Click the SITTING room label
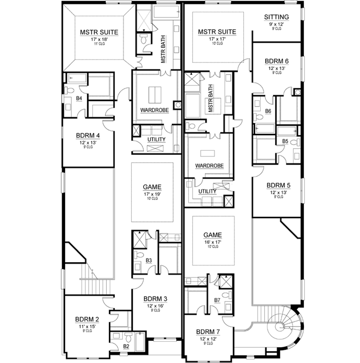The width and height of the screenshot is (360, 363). click(x=277, y=17)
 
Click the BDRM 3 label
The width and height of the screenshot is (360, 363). click(x=155, y=299)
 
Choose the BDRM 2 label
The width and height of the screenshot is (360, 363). click(x=87, y=319)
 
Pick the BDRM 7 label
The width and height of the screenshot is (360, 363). click(x=208, y=332)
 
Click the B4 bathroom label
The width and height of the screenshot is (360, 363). click(x=79, y=98)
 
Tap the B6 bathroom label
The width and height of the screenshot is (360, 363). click(x=268, y=112)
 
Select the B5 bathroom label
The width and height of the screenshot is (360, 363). click(x=285, y=141)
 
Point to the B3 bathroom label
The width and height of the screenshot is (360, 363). click(x=148, y=260)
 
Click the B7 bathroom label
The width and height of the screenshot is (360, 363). click(x=217, y=300)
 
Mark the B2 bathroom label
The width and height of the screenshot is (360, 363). click(x=126, y=346)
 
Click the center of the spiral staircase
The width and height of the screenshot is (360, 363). click(x=280, y=326)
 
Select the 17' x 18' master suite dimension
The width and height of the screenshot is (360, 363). click(x=99, y=40)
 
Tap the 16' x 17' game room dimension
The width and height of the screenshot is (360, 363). click(x=213, y=242)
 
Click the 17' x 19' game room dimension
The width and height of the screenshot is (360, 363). click(x=152, y=194)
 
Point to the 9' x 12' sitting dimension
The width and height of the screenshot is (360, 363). click(x=277, y=24)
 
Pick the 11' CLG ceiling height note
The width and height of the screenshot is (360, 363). click(x=99, y=45)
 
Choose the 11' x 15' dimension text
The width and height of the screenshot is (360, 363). click(x=87, y=326)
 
